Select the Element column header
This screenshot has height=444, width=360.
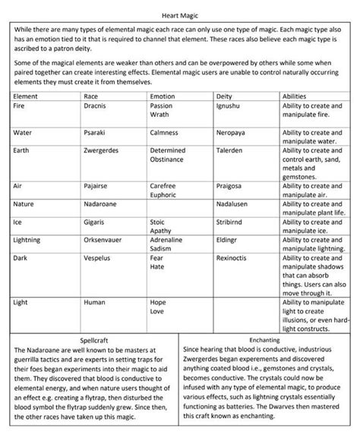27,97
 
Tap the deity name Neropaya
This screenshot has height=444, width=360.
232,132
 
